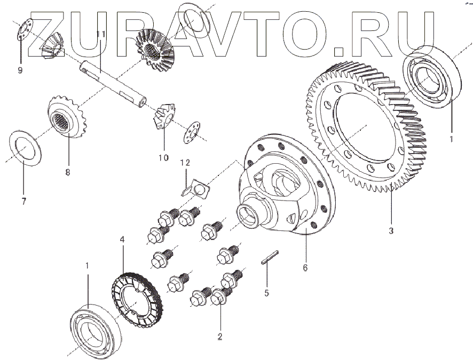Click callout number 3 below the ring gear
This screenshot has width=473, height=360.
[391, 231]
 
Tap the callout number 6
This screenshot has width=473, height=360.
[305, 268]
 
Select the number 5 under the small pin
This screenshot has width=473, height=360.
[267, 292]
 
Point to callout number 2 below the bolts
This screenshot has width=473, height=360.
[219, 336]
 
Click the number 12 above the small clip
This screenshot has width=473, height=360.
[184, 162]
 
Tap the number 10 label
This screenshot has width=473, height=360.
[163, 157]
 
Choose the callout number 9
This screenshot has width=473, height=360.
[20, 70]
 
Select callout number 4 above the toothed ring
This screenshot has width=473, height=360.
[122, 241]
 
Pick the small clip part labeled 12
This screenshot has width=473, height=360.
[194, 188]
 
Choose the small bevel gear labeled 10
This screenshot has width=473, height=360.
[163, 116]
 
